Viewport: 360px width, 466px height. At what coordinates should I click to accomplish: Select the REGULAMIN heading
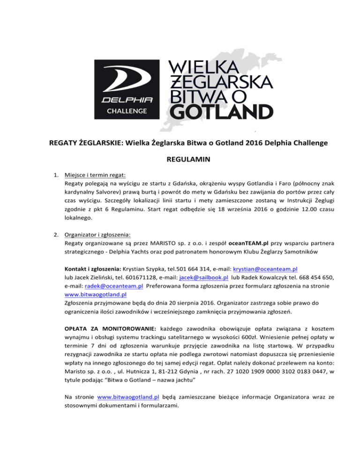click(x=180, y=159)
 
